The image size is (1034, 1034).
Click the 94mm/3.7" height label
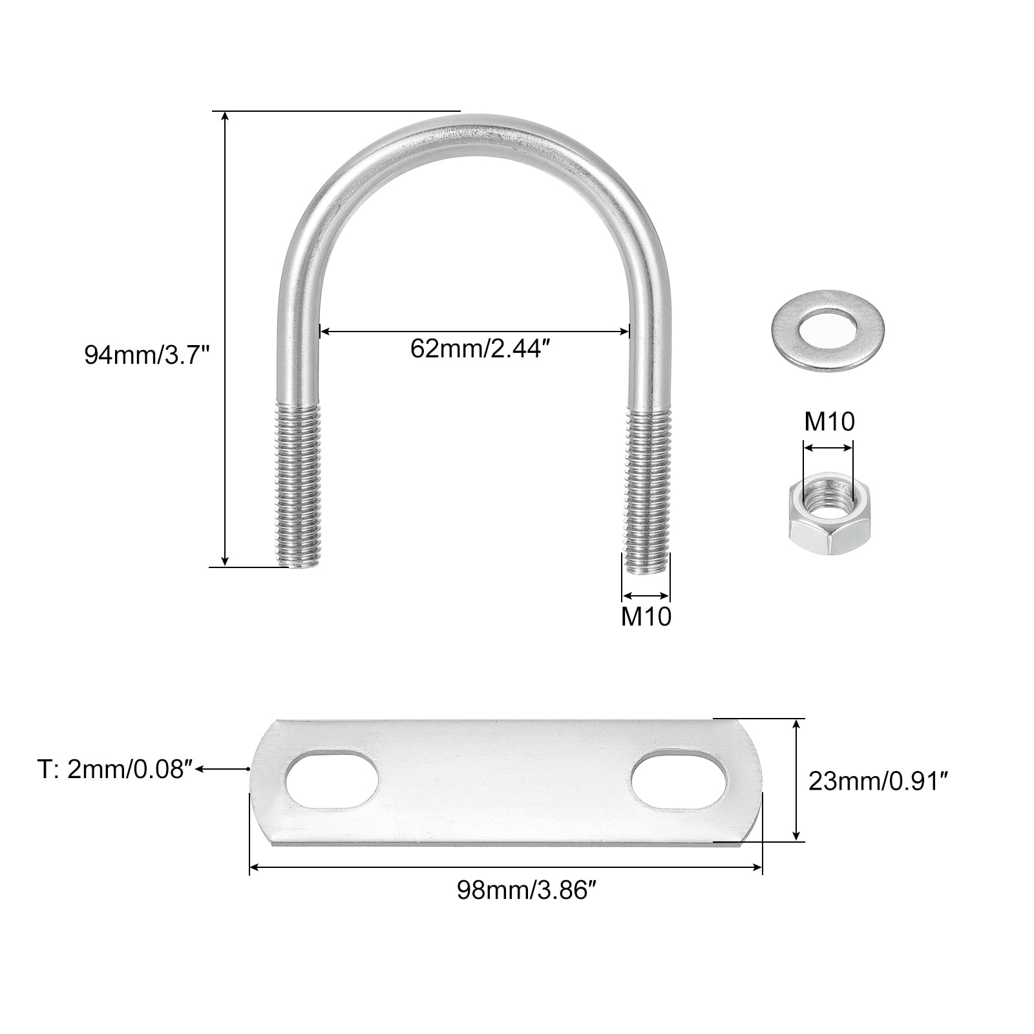pyautogui.click(x=147, y=355)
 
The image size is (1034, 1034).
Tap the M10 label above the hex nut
pyautogui.click(x=829, y=422)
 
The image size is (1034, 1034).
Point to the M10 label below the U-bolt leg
pyautogui.click(x=646, y=617)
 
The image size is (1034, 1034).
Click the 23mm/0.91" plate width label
pyautogui.click(x=878, y=782)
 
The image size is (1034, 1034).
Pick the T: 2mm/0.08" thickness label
pyautogui.click(x=115, y=770)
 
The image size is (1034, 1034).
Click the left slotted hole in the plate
pyautogui.click(x=332, y=779)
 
